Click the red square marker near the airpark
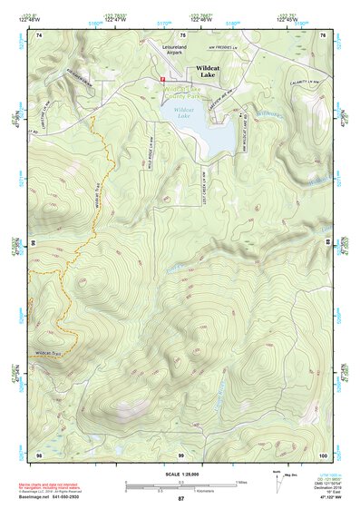click(x=162, y=80)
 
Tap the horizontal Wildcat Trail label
click(x=48, y=349)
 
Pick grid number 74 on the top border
click(x=39, y=35)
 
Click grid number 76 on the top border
click(x=324, y=35)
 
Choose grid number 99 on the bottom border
click(x=181, y=455)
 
